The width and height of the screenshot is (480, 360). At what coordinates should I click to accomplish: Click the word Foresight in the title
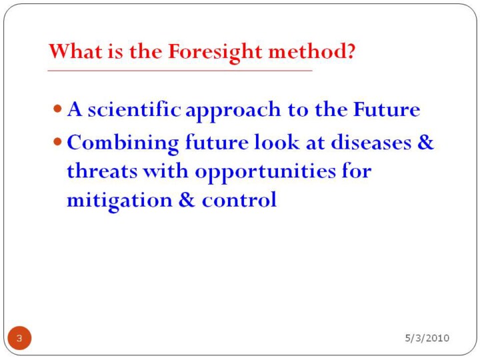[215, 52]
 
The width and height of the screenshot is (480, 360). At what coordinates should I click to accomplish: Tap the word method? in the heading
[311, 51]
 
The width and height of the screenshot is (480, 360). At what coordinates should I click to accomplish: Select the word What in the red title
[75, 51]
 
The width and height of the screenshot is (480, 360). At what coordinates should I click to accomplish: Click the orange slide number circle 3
[19, 338]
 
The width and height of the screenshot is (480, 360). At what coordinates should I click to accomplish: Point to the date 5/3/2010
[427, 338]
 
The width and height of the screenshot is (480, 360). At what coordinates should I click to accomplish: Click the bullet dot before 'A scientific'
[57, 109]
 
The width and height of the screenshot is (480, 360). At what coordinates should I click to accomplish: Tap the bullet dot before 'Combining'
[57, 142]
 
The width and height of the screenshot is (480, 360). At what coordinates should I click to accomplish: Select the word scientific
[134, 109]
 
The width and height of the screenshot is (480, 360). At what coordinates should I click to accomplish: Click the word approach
[233, 111]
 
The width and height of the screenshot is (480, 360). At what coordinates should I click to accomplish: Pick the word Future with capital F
[387, 109]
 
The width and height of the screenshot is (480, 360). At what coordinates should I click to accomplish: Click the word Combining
[123, 143]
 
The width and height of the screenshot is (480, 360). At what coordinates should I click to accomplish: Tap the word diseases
[371, 142]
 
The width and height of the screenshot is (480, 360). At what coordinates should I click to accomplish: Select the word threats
[102, 171]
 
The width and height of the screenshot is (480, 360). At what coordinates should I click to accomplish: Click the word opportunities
[265, 173]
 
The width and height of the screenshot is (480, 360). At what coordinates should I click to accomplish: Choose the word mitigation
[120, 201]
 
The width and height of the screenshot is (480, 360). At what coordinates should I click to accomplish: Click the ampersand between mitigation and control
[187, 199]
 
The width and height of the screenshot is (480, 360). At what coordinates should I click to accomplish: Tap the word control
[239, 199]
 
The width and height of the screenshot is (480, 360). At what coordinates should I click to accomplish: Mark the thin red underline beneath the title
[180, 71]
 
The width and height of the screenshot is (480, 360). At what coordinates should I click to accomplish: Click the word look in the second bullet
[277, 142]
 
